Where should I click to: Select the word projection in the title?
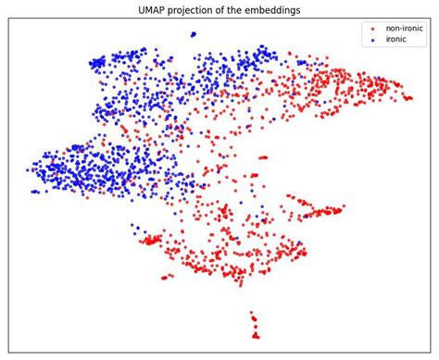(192, 9)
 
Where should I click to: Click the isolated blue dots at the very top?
(193, 34)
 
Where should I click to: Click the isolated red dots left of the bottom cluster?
(166, 277)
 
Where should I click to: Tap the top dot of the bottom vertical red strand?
(253, 314)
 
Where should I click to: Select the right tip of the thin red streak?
(343, 208)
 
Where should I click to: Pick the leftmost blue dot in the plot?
(28, 169)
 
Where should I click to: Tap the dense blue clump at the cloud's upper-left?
(97, 63)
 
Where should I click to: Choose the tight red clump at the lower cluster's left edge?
(150, 240)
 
